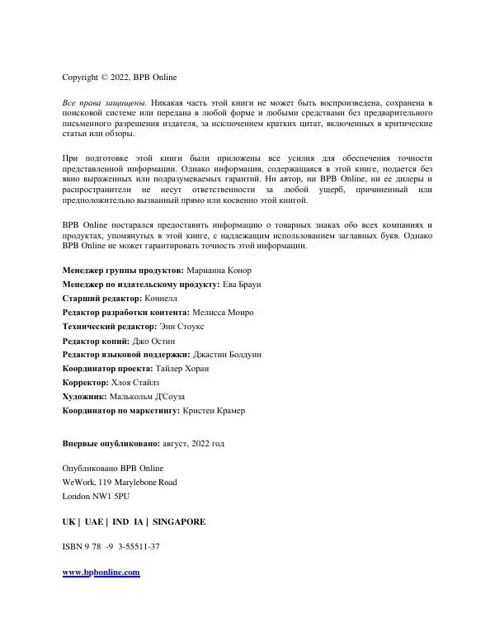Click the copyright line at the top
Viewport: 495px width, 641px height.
point(119,78)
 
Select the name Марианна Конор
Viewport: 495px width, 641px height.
point(219,271)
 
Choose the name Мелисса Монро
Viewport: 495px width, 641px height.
point(223,313)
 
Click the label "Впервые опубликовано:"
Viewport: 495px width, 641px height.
point(111,444)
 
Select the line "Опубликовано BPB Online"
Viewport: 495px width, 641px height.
point(113,469)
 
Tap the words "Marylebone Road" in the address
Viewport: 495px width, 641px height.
point(144,483)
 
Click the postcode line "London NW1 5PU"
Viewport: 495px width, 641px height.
point(96,497)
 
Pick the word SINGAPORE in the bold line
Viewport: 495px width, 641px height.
point(179,522)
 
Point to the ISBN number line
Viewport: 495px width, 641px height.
point(111,547)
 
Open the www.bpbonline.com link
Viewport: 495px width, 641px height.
point(101,573)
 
